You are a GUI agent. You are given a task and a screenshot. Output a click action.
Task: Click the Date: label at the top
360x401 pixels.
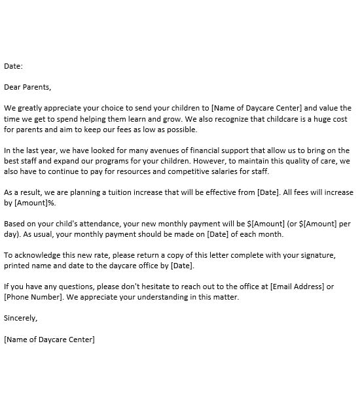[x=13, y=65]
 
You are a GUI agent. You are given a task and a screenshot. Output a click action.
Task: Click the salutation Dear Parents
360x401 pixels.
[x=27, y=86]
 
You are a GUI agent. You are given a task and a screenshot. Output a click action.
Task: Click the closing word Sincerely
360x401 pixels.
[x=20, y=318]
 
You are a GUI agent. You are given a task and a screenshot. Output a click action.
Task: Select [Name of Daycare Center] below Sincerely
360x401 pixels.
[x=49, y=339]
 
